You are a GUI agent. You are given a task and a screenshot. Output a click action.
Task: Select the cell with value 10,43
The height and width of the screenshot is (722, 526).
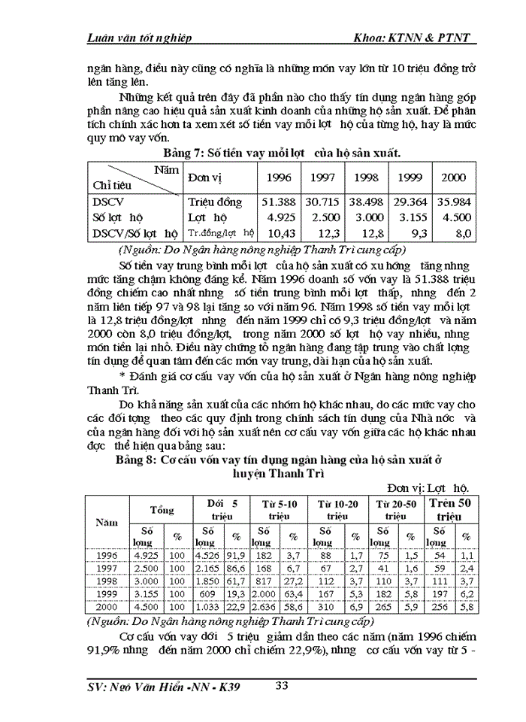tap(277, 233)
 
